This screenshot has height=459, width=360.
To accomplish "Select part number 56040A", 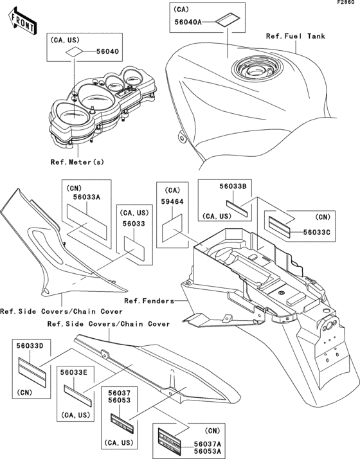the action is point(188,22).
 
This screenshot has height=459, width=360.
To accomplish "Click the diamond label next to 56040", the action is point(74,52).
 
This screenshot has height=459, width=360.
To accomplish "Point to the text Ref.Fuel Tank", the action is point(295,36).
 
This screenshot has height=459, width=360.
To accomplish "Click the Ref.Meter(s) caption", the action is point(77,162).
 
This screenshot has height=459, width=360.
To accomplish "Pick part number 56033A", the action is point(87,197).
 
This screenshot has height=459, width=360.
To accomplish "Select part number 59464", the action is point(172,202).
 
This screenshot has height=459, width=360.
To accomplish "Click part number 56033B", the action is point(233,186).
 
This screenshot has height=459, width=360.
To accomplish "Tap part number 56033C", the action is point(317,233).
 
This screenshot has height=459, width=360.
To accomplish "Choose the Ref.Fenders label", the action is point(149,301).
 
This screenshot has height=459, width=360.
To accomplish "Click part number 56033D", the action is point(30,346).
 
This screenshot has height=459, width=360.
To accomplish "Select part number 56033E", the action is point(74,372).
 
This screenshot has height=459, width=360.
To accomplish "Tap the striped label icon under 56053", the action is point(122,423).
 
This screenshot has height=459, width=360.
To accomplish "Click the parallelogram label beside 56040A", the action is point(228,20).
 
